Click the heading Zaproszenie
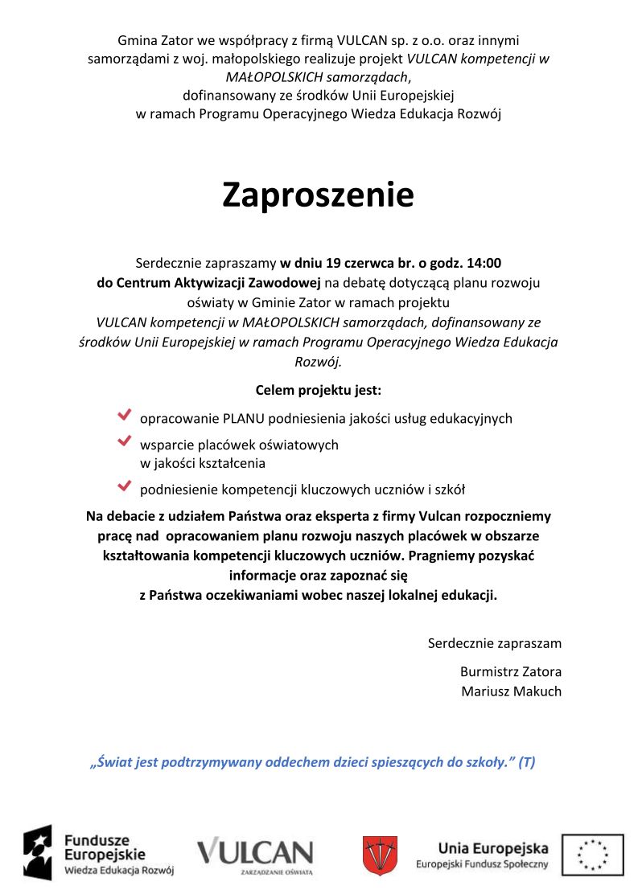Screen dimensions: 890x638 318,195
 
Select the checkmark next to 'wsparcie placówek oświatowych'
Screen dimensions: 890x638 124,441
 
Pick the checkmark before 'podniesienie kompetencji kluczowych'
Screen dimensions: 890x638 124,486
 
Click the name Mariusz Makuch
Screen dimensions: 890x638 511,691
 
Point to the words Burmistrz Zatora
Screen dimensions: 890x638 510,672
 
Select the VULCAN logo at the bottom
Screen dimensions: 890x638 256,854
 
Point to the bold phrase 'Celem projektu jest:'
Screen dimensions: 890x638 318,391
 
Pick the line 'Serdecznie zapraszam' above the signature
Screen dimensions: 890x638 494,643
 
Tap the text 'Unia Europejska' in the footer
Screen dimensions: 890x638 493,847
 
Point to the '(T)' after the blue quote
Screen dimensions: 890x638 527,762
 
